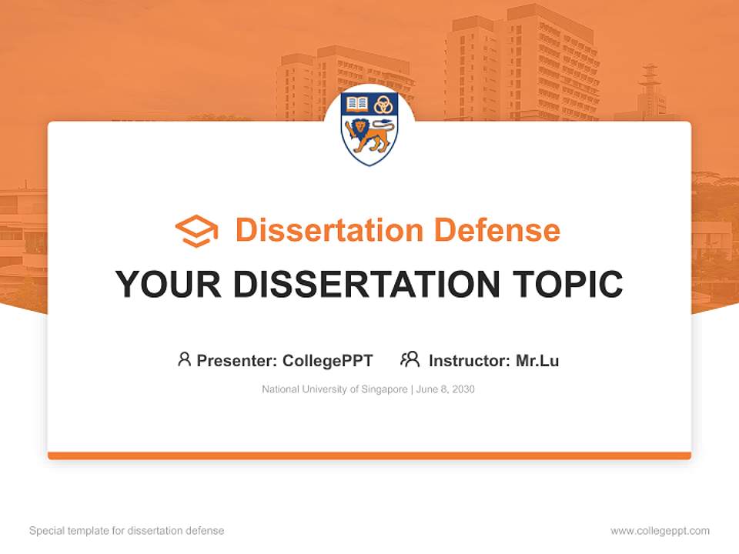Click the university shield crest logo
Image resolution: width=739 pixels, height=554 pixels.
pyautogui.click(x=369, y=128)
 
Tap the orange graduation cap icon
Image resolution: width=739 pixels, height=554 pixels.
pyautogui.click(x=196, y=231)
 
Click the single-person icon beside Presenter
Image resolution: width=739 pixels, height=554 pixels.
pyautogui.click(x=184, y=359)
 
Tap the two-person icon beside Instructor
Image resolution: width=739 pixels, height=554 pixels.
pyautogui.click(x=410, y=359)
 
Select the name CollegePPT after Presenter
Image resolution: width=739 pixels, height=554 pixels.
pyautogui.click(x=328, y=360)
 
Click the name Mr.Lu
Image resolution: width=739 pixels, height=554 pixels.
pyautogui.click(x=537, y=360)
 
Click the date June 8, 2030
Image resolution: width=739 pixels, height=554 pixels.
pyautogui.click(x=446, y=389)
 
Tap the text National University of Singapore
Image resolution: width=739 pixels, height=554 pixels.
pyautogui.click(x=335, y=389)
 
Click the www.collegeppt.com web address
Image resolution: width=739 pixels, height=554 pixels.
pyautogui.click(x=660, y=531)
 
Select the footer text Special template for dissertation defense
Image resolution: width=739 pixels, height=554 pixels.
pyautogui.click(x=127, y=531)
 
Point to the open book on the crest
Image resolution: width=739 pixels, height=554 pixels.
pyautogui.click(x=357, y=104)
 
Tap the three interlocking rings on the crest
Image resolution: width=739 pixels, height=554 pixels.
pyautogui.click(x=383, y=105)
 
